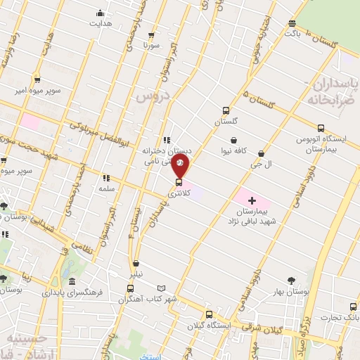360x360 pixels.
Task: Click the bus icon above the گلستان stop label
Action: point(226,110)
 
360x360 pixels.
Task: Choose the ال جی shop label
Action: point(262,163)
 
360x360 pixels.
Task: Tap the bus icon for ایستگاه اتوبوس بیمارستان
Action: point(321,128)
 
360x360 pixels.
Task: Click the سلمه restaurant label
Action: point(108,189)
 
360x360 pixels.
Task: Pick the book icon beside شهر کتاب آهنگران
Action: point(162,288)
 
